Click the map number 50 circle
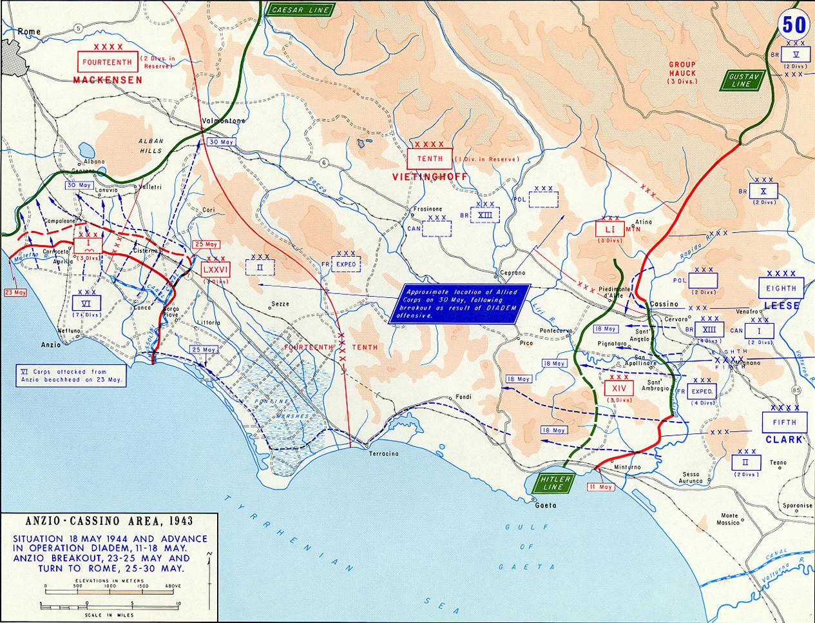point(794,24)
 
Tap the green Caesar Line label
point(300,10)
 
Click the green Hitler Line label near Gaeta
point(553,483)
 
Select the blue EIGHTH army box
point(781,288)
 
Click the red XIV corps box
point(619,388)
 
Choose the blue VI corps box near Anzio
point(85,304)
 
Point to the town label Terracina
point(384,454)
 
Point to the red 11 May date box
point(600,488)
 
